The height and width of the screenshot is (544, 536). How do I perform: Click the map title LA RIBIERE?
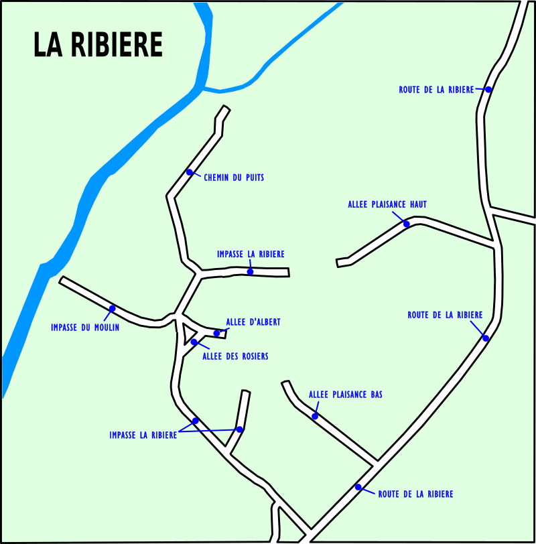[98, 44]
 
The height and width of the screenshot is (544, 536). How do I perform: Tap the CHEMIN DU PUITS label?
[234, 178]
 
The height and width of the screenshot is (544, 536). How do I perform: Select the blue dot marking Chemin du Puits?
[190, 172]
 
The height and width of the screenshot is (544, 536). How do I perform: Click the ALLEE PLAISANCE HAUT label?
[387, 204]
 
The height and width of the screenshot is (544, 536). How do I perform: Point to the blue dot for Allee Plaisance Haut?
[407, 224]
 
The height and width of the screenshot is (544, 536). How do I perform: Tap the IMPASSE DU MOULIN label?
[85, 328]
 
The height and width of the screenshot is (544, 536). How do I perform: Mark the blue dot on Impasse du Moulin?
[112, 308]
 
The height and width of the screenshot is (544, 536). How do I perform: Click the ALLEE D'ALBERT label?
[253, 322]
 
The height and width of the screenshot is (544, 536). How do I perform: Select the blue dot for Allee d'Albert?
[217, 334]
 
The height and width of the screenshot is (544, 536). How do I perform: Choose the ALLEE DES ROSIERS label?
[236, 356]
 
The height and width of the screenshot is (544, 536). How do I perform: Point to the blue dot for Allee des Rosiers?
[194, 342]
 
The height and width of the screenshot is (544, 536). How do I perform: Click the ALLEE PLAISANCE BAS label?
[346, 395]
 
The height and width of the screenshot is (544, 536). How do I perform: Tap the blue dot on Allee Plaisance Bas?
[315, 416]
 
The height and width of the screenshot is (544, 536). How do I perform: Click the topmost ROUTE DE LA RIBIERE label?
[436, 90]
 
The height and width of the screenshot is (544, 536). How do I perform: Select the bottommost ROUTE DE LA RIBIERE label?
[415, 494]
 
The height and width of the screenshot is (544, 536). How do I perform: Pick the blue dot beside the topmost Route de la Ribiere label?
[488, 90]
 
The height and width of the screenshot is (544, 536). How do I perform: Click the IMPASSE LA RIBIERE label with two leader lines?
[143, 435]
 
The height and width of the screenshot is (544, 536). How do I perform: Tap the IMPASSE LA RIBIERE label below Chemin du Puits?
[251, 255]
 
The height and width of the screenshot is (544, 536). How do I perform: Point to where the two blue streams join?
[202, 88]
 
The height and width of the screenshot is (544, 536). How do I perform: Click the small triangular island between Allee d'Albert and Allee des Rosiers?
[188, 332]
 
